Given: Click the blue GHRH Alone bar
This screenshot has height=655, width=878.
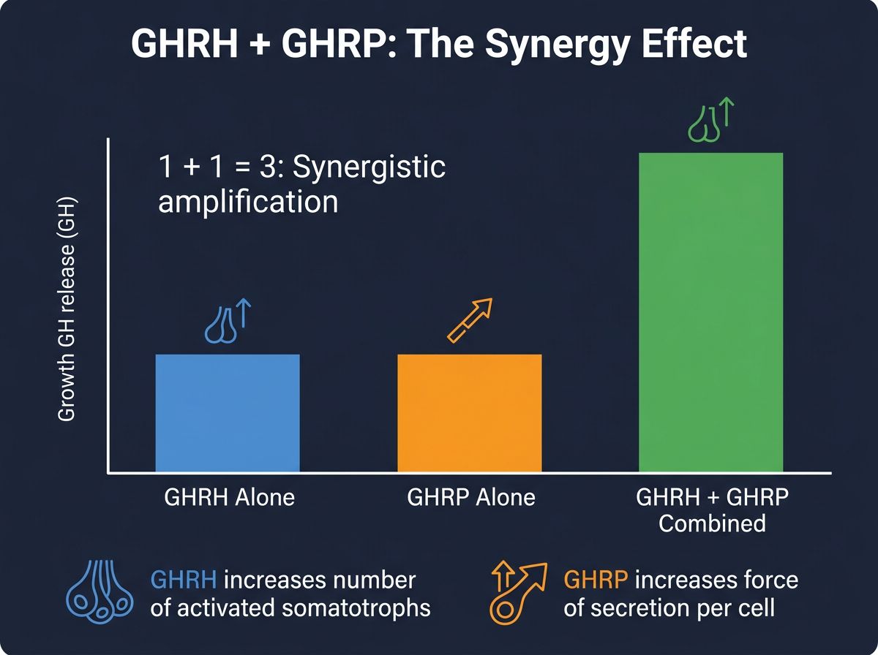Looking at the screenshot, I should [x=228, y=413].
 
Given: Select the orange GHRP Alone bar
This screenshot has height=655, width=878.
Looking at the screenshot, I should [x=469, y=413].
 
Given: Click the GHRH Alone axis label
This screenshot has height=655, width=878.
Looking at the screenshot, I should [x=229, y=498].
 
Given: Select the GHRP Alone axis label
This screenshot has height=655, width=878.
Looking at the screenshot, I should [x=471, y=498].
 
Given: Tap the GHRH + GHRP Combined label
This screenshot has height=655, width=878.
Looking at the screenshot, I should [x=712, y=510].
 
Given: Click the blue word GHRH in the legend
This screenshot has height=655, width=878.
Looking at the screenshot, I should [x=183, y=580].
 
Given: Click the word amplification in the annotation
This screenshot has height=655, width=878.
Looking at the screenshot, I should [x=249, y=201].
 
